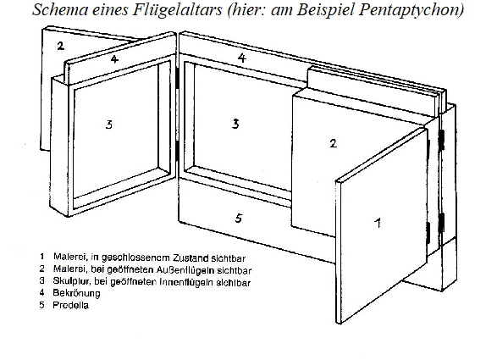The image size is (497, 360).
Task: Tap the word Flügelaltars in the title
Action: [x=177, y=9]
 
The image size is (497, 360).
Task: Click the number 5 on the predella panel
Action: [x=239, y=218]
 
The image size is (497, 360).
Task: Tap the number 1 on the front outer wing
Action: [x=378, y=223]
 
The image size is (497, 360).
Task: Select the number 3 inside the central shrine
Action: [x=235, y=124]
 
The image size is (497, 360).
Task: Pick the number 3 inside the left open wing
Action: [x=108, y=125]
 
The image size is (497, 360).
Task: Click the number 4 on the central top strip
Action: [x=241, y=58]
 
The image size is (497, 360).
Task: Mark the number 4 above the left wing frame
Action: [x=114, y=59]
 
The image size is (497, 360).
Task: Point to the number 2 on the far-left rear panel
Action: [x=60, y=46]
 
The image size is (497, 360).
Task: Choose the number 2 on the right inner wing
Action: [x=333, y=143]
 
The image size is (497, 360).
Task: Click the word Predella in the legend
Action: [x=70, y=305]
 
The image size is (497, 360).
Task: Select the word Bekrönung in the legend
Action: [x=76, y=293]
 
